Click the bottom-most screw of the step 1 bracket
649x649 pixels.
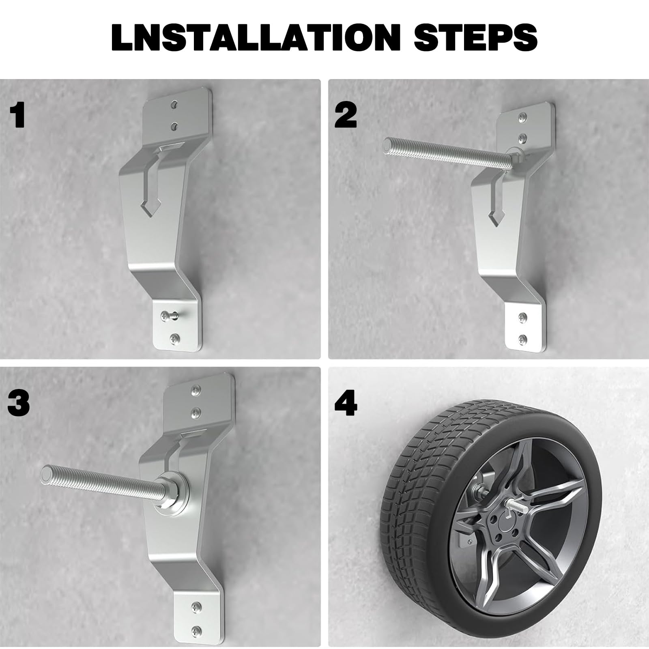pos(175,337)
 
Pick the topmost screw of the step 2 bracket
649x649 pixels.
pos(523,118)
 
